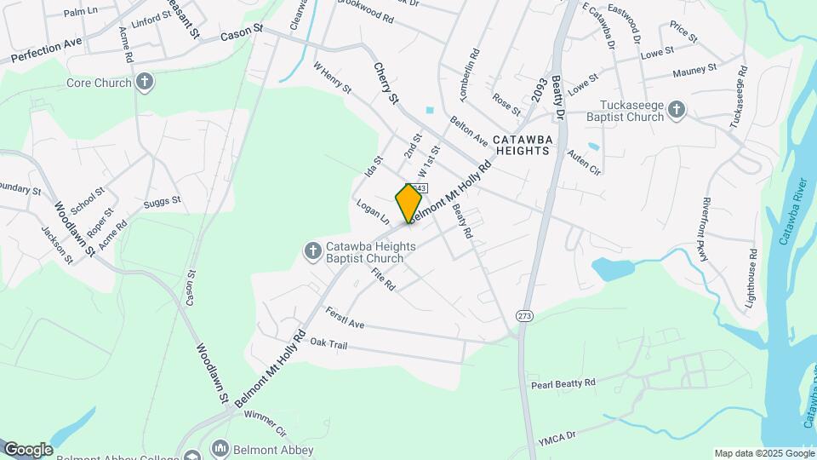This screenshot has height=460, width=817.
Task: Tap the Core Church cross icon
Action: click(145, 83)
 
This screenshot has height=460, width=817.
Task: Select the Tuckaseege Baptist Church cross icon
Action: click(676, 109)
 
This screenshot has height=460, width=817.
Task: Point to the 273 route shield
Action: click(523, 315)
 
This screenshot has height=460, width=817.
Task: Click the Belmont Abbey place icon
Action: click(220, 449)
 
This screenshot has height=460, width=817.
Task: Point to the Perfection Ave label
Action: click(47, 50)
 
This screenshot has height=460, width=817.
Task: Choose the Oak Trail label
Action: click(330, 342)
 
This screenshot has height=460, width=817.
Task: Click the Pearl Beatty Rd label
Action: click(563, 383)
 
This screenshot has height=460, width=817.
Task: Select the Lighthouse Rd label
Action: click(750, 279)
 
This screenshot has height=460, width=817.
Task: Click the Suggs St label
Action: click(163, 202)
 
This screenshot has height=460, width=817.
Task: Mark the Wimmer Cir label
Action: click(266, 421)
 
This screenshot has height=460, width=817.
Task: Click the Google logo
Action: click(28, 449)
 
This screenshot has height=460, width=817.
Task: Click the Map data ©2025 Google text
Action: click(763, 453)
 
